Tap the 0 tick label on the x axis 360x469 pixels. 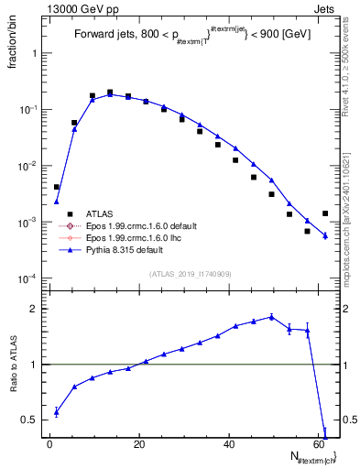50,444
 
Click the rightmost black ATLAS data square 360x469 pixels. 325,213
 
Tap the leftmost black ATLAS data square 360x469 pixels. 57,187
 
